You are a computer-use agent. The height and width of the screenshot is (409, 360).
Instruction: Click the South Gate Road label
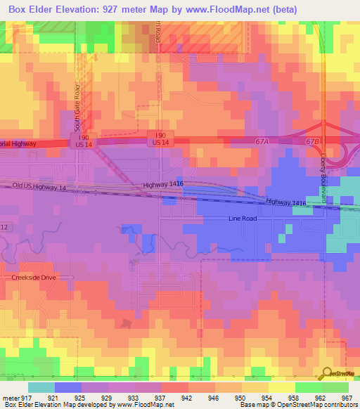point(78,108)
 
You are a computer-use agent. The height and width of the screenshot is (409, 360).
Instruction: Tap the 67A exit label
point(262,141)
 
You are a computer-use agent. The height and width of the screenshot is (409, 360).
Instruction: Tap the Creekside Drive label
point(33,278)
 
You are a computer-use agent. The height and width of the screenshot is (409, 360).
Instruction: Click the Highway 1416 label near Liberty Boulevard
point(286,202)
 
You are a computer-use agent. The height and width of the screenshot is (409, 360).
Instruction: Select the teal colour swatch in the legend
point(41,387)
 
